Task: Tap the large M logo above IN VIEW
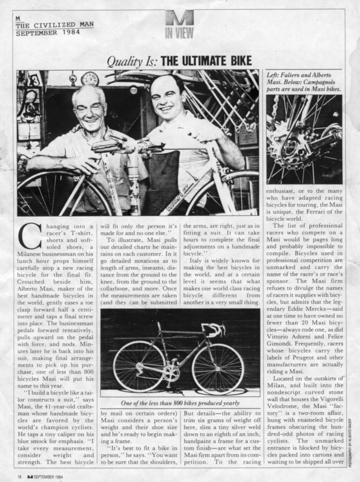(179, 19)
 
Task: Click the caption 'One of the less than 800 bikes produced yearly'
(180, 403)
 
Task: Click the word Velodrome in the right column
(284, 406)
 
